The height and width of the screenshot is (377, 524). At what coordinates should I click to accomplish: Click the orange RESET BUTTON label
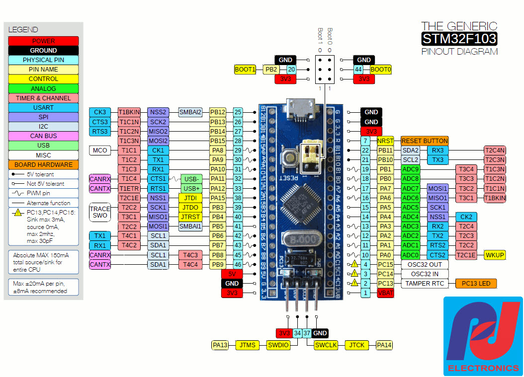click(x=425, y=141)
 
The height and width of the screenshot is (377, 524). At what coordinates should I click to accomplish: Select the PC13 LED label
click(x=476, y=284)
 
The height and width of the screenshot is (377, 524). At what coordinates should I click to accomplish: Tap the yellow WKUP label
click(x=495, y=255)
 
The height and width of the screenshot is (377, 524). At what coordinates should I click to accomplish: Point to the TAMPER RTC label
click(x=424, y=284)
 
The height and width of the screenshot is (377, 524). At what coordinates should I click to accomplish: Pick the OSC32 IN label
click(x=424, y=274)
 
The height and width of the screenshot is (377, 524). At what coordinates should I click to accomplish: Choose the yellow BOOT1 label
click(x=245, y=70)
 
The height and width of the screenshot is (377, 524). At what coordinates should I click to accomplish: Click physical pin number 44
click(x=358, y=70)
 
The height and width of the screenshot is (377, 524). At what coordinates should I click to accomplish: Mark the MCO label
click(x=100, y=150)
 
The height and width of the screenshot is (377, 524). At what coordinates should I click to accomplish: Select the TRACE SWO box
click(x=100, y=212)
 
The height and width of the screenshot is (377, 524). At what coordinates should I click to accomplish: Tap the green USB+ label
click(x=191, y=188)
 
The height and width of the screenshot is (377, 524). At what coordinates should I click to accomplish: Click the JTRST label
click(x=190, y=217)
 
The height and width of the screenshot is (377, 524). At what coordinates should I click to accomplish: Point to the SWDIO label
click(x=278, y=345)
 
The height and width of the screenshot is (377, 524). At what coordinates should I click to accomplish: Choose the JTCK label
click(x=357, y=345)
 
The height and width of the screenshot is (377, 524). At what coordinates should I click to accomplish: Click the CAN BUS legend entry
click(x=43, y=136)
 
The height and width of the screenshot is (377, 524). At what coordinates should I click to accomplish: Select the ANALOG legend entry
click(x=43, y=88)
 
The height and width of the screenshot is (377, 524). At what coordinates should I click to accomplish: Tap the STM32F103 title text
click(x=459, y=39)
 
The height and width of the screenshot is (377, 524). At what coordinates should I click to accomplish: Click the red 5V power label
click(x=232, y=274)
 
